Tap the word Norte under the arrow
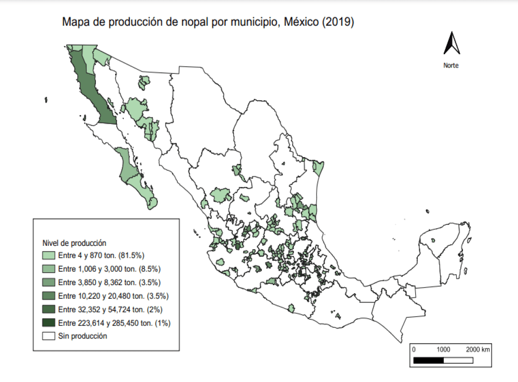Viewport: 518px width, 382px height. pos(451,66)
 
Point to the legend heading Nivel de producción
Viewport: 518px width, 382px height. pos(74,243)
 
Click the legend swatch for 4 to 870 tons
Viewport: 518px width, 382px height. pos(49,255)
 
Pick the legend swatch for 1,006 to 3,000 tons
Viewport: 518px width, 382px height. pos(49,268)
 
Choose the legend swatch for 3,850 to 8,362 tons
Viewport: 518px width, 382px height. pos(49,282)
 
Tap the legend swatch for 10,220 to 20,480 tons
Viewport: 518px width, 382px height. pos(49,295)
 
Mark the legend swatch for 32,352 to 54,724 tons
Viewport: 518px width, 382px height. pos(49,309)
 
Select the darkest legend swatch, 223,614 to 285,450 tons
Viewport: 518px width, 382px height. pos(49,323)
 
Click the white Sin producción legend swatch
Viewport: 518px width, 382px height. pos(49,336)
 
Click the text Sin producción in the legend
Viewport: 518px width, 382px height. pos(82,336)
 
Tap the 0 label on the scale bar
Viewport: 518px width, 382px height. pos(414,349)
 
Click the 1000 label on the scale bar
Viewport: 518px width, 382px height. pos(444,349)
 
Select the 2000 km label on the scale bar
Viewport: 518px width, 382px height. pos(478,349)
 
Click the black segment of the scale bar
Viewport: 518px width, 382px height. pos(429,359)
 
